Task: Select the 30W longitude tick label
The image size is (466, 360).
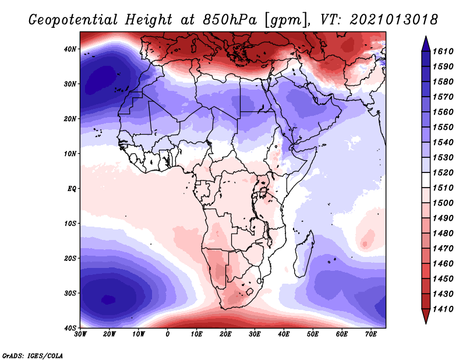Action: [x=80, y=334]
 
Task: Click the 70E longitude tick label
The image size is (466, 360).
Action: [x=370, y=334]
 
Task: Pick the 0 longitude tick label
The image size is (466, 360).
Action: [x=168, y=334]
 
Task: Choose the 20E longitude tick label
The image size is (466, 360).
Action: [x=225, y=334]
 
